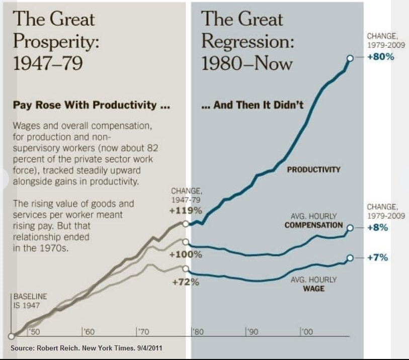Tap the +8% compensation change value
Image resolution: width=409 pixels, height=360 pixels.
pos(377,227)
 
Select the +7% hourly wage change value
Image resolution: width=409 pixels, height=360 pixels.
pos(377,257)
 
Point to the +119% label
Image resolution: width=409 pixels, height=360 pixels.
pos(185,210)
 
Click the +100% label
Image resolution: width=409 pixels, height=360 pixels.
pos(186,254)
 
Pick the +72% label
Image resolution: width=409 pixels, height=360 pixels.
pos(186,282)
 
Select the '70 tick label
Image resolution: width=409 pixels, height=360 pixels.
pos(143,331)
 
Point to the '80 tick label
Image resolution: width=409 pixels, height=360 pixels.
pos(198,331)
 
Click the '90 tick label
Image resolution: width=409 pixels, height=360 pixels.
pos(252,331)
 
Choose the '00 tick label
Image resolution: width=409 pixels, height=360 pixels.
pos(306,331)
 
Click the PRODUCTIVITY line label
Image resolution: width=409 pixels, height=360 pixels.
pos(313,169)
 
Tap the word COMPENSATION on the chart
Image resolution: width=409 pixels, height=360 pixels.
pos(313,225)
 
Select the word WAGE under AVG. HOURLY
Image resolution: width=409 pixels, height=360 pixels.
pos(313,289)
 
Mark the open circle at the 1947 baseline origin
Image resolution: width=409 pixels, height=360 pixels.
pos(11,336)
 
